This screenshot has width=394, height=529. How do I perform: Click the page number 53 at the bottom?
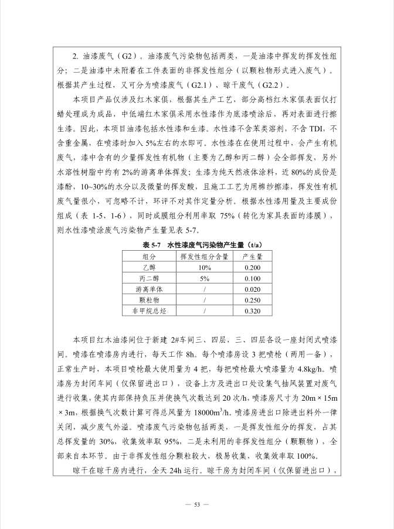pyautogui.click(x=197, y=504)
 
